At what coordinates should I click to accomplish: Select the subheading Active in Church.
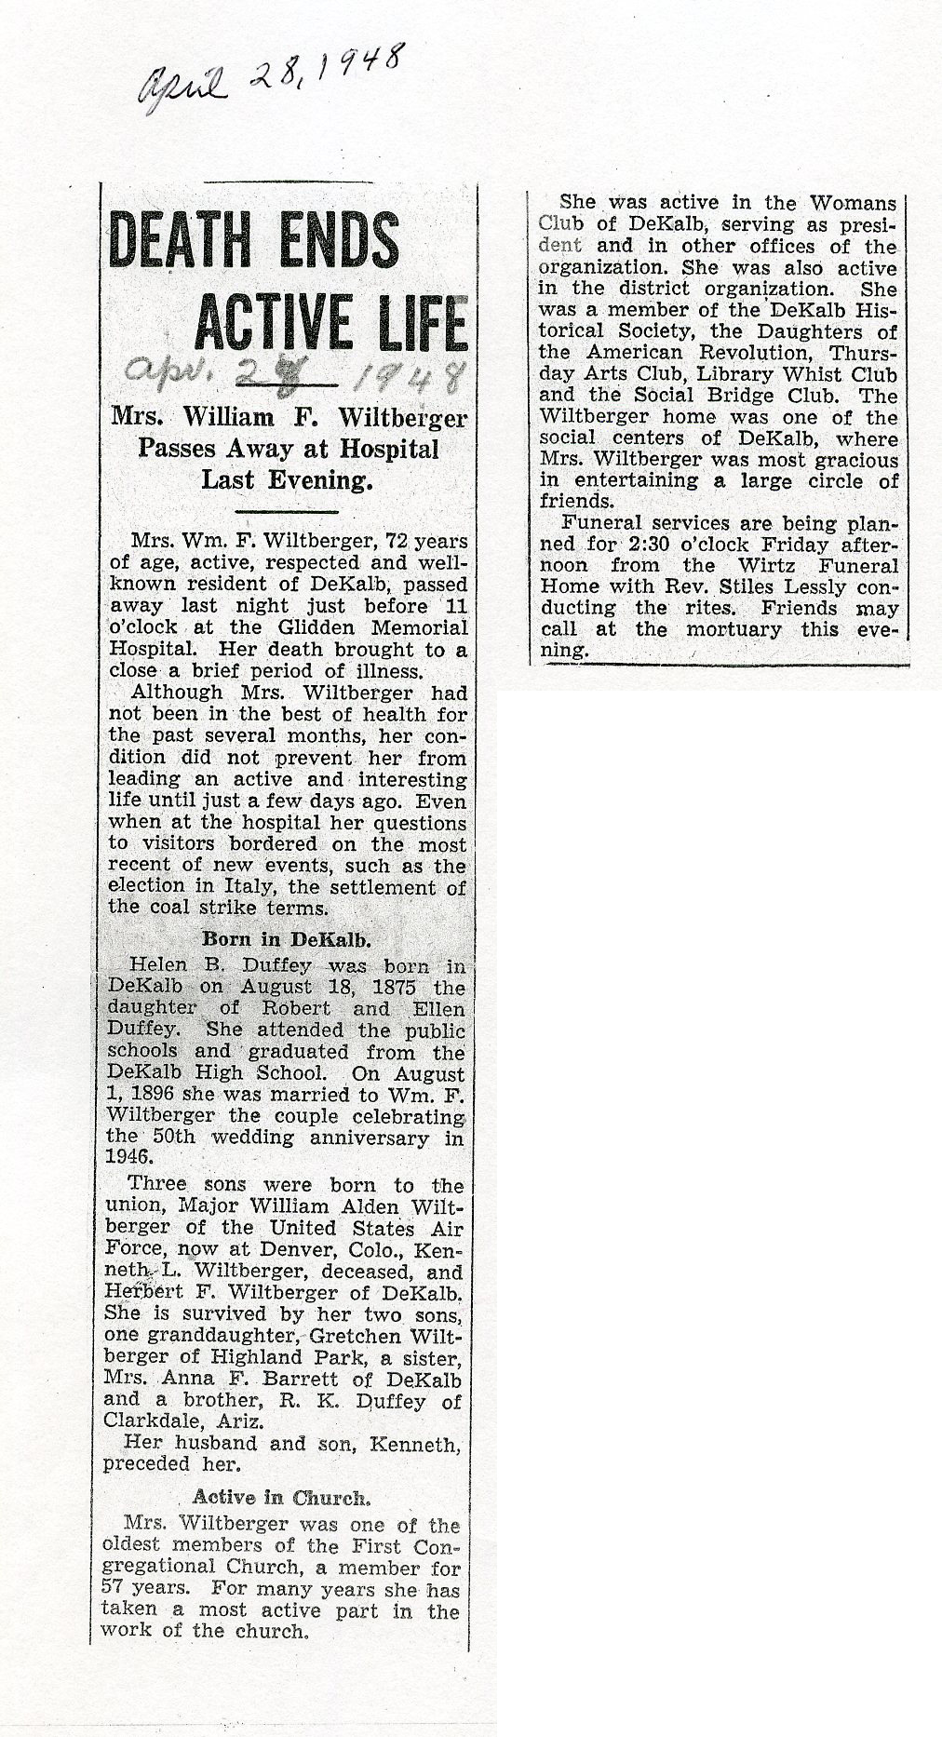pos(282,1497)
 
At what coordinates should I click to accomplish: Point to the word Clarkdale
pos(156,1421)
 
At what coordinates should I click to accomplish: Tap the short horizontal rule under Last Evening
pos(287,511)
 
